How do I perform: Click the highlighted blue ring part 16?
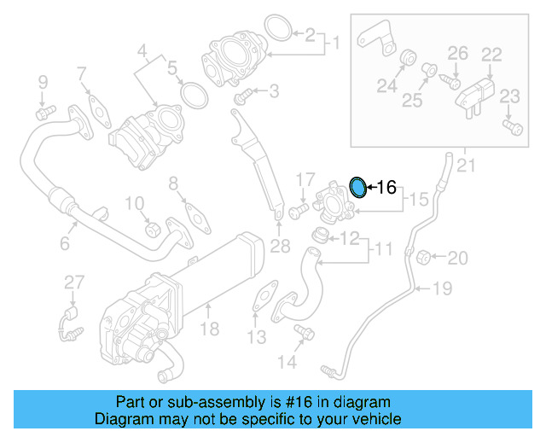coord(359,187)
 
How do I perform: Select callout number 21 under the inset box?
coord(465,165)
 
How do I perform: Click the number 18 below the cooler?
coord(209,327)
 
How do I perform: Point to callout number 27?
coord(74,283)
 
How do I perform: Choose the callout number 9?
coord(42,83)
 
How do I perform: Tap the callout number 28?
coord(281,248)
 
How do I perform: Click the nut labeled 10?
coord(152,228)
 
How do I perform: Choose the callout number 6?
coord(64,244)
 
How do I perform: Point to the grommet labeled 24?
coord(408,59)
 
